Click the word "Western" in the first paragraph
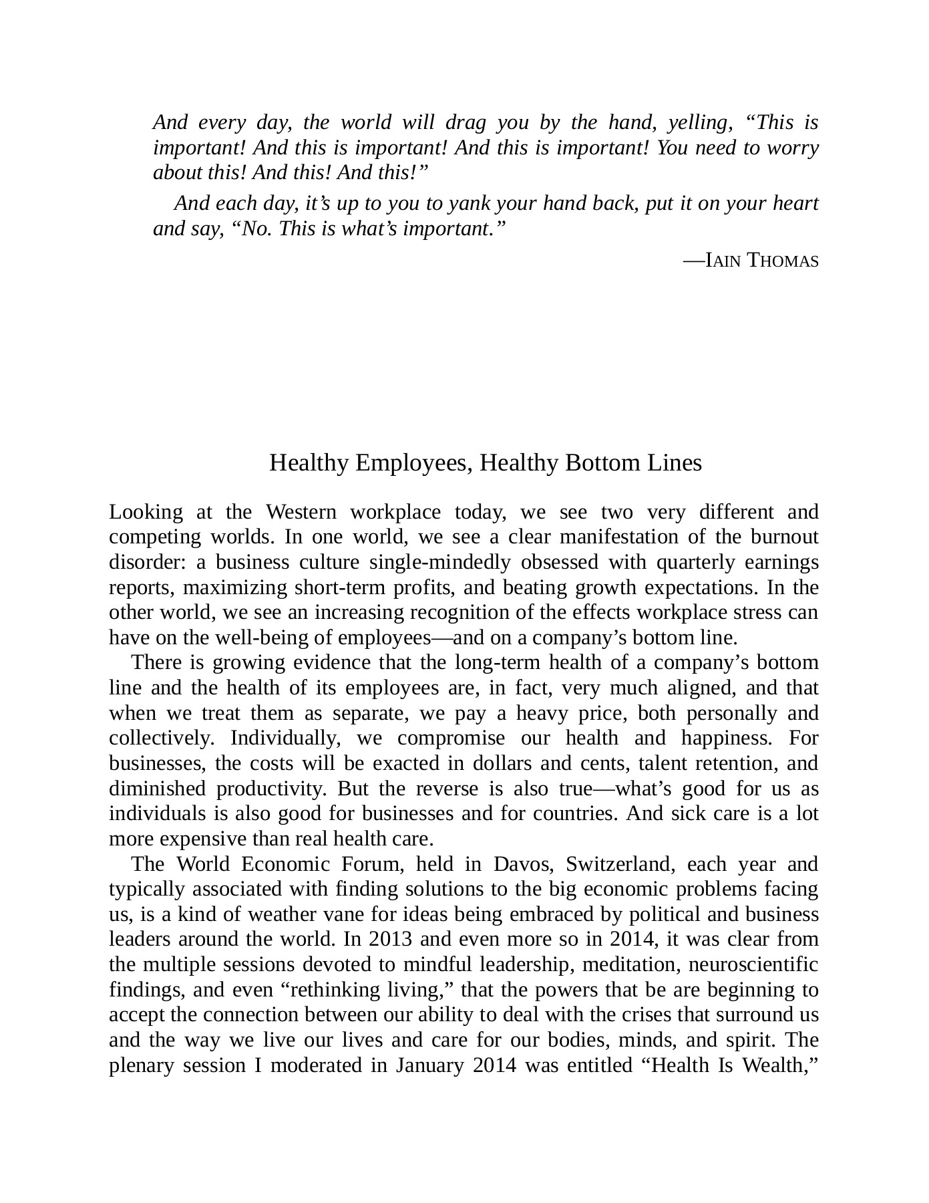[301, 513]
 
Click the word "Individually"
[287, 739]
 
